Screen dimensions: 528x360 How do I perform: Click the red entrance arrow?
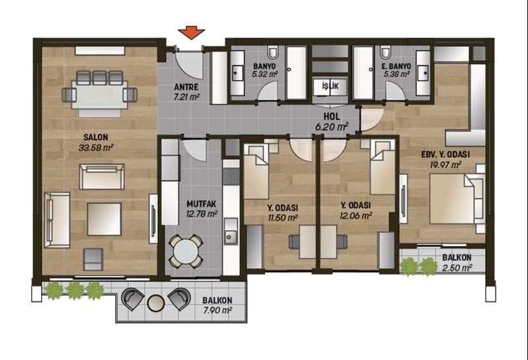[x=191, y=32]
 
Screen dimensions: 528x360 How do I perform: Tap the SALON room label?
[x=96, y=137]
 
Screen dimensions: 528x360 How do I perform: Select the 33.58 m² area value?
[x=96, y=147]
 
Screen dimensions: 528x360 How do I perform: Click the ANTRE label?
[x=186, y=87]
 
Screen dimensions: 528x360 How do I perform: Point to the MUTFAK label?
[x=202, y=204]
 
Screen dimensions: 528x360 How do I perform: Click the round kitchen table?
[x=186, y=251]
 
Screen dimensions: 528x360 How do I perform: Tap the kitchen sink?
[x=231, y=236]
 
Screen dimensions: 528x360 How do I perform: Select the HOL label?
[x=332, y=117]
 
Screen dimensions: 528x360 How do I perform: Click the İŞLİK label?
[x=330, y=86]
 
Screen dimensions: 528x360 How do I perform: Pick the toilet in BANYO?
[x=272, y=52]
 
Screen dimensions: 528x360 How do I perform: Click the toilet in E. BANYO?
[x=385, y=52]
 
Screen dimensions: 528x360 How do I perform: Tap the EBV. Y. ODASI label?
[x=445, y=155]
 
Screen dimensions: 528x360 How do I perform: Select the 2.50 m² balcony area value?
[x=457, y=268]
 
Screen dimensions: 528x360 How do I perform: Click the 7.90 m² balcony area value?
[x=217, y=310]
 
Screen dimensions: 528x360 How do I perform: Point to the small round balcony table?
[x=155, y=303]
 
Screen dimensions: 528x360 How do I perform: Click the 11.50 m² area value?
[x=283, y=217]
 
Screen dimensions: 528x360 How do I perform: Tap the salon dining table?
[x=100, y=94]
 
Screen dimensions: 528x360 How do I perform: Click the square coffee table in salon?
[x=104, y=219]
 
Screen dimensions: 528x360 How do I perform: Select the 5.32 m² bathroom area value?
[x=265, y=74]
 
